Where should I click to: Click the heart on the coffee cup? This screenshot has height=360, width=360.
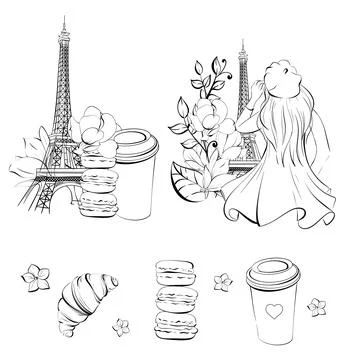point(269,310)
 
